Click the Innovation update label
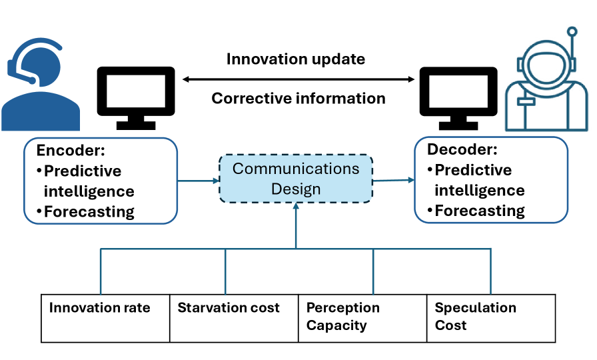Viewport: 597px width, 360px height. pos(295,59)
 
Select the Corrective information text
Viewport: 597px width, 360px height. pos(298,99)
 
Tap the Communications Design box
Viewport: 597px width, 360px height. pos(296,179)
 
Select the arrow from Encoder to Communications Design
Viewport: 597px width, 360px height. pos(198,179)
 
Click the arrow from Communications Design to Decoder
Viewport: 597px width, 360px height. pos(393,180)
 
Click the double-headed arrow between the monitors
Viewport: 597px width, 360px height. pos(298,79)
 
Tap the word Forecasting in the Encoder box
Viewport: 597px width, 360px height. pos(89,212)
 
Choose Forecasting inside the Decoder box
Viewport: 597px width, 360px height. pos(480,211)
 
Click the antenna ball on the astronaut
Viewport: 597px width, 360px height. pos(572,31)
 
